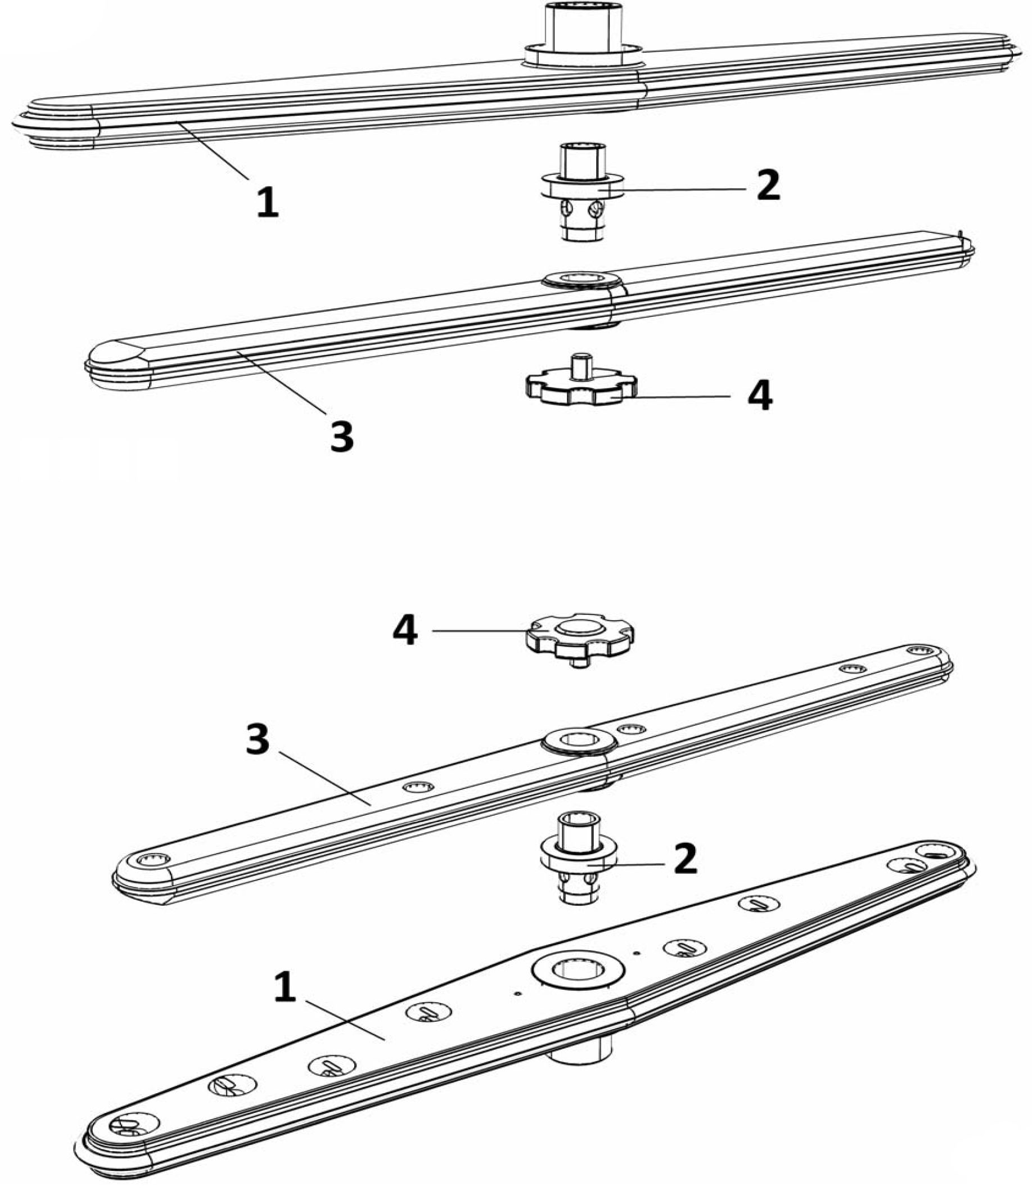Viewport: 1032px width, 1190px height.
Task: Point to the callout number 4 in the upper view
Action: (760, 396)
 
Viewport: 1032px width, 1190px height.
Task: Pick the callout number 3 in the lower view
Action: (258, 739)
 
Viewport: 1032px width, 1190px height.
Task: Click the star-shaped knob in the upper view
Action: (580, 389)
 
